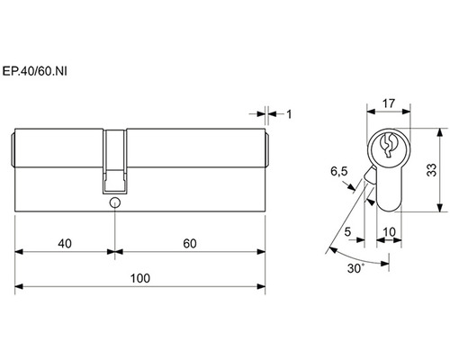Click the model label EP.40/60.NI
click(34, 71)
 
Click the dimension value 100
click(140, 278)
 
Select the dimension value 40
click(65, 244)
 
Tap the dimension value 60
click(190, 244)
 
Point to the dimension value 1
click(289, 114)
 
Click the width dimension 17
click(389, 103)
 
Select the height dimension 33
click(432, 170)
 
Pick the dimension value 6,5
click(339, 172)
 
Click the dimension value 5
click(347, 232)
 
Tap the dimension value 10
click(389, 232)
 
